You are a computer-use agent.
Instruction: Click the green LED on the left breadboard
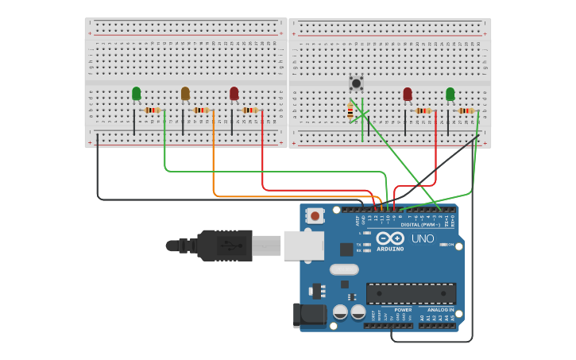137,94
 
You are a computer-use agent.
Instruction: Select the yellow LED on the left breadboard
185,94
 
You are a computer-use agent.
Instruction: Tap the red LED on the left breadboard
234,94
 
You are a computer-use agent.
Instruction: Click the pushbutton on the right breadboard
357,83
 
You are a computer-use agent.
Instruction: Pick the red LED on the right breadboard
408,95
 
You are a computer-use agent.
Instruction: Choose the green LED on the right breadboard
450,95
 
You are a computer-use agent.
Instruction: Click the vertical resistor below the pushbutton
350,111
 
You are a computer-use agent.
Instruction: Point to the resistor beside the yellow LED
201,110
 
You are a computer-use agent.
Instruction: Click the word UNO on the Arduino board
423,238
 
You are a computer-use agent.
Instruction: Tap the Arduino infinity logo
390,238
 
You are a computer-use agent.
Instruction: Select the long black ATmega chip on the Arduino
411,292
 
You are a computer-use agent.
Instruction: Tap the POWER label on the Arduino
403,310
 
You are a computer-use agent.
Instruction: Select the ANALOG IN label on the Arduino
441,310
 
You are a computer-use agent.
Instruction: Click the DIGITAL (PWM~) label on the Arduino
422,225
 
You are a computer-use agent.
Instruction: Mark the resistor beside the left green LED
153,110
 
